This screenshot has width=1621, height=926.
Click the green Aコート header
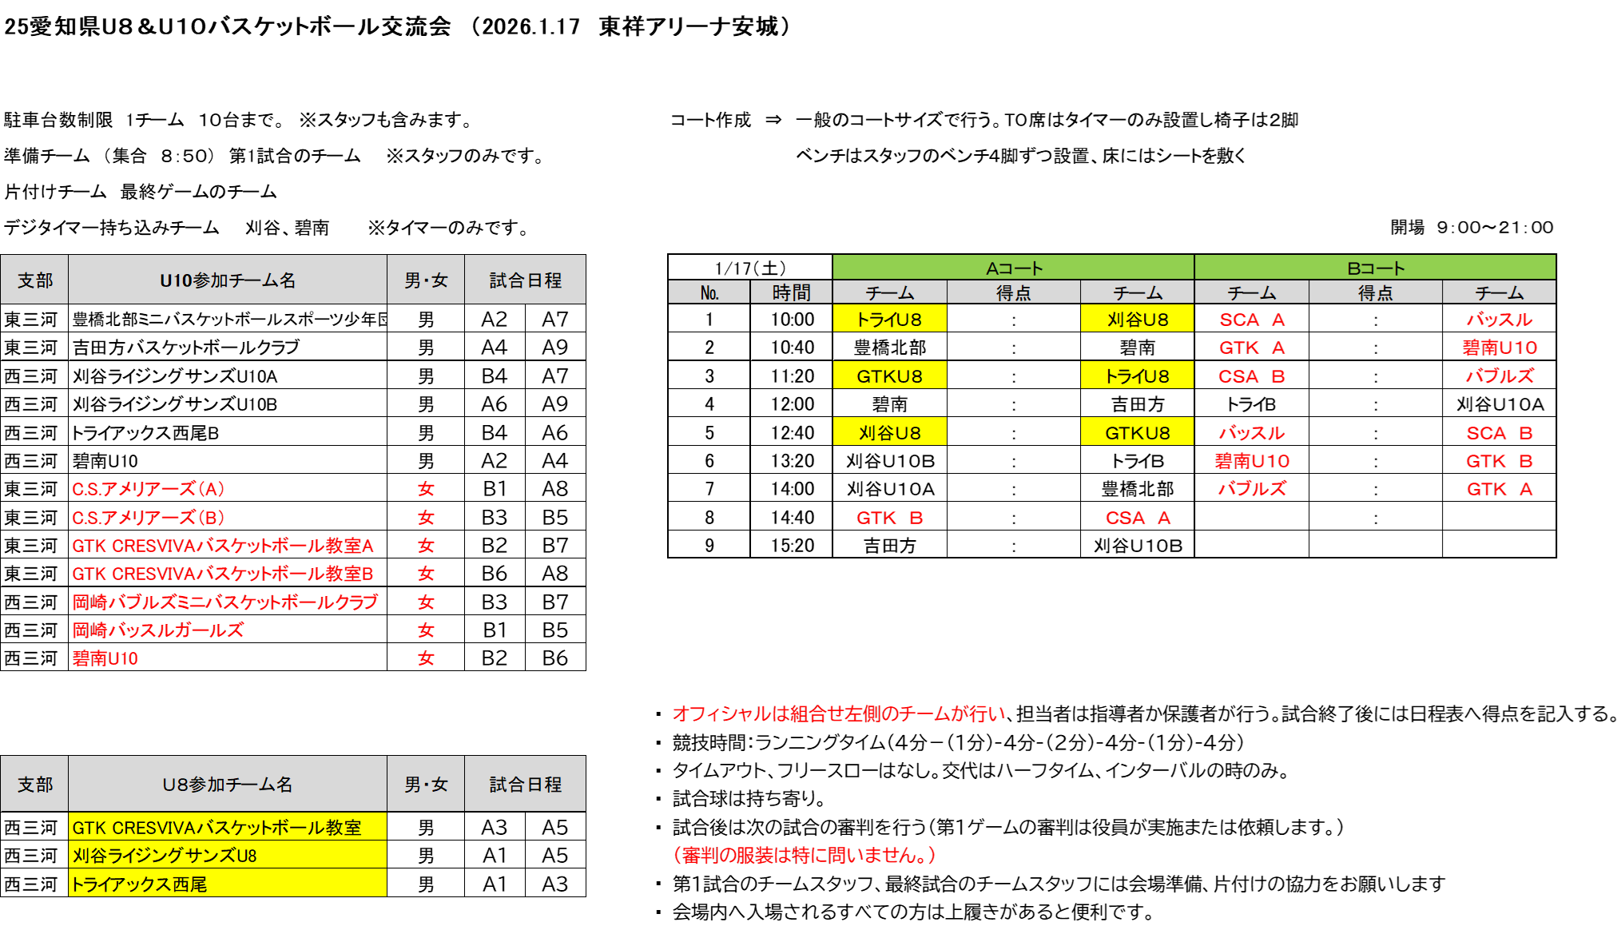click(x=1013, y=268)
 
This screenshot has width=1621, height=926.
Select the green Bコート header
click(x=1374, y=268)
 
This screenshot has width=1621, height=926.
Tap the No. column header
click(x=709, y=292)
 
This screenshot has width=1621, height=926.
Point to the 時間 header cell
click(x=791, y=292)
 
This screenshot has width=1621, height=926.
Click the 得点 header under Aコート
click(x=1013, y=292)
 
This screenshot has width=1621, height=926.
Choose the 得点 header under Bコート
click(x=1375, y=292)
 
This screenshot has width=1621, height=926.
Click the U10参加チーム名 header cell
click(x=228, y=280)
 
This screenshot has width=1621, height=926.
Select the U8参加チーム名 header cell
click(x=228, y=785)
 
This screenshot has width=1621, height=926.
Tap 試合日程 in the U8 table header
click(x=525, y=785)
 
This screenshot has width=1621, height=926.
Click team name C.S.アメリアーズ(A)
click(x=149, y=489)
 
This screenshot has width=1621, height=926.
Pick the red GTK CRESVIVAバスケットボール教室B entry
click(x=223, y=574)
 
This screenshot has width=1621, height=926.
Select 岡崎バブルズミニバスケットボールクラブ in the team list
click(x=225, y=602)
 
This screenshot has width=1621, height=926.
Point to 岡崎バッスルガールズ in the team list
click(x=158, y=630)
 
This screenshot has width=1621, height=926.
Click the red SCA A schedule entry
click(x=1252, y=320)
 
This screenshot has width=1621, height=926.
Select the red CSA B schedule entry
click(x=1252, y=376)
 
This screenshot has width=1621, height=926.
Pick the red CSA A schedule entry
click(x=1138, y=518)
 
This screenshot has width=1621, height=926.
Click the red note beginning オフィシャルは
click(x=839, y=713)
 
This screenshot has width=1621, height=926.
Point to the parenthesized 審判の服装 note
click(x=805, y=855)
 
